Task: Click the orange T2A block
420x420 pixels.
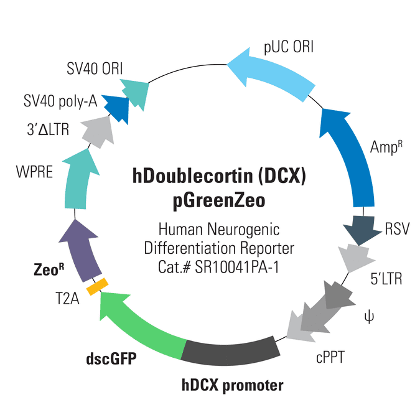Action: (x=97, y=287)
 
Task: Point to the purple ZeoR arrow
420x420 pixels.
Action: (x=81, y=251)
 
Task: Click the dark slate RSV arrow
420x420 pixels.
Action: (x=362, y=229)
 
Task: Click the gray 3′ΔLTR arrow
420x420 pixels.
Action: (x=98, y=131)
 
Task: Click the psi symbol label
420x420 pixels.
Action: (x=369, y=317)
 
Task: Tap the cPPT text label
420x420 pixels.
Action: (x=330, y=358)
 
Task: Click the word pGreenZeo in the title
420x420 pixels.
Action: (x=219, y=201)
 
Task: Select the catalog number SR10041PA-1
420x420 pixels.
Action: (x=237, y=267)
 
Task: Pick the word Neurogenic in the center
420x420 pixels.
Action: (x=243, y=230)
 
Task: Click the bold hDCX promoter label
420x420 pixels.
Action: (x=233, y=386)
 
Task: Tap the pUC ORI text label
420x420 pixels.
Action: (x=289, y=47)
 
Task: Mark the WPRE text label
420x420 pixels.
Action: (x=34, y=172)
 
